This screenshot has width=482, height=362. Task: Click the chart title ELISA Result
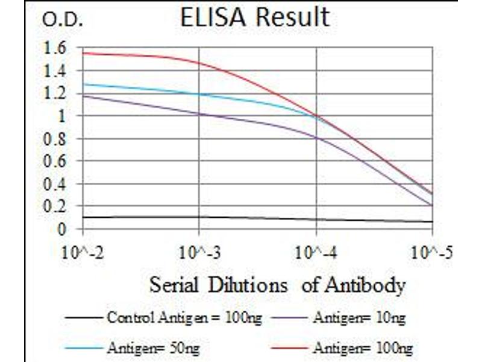[x=255, y=17]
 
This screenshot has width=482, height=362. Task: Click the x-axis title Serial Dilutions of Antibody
[x=277, y=284]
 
